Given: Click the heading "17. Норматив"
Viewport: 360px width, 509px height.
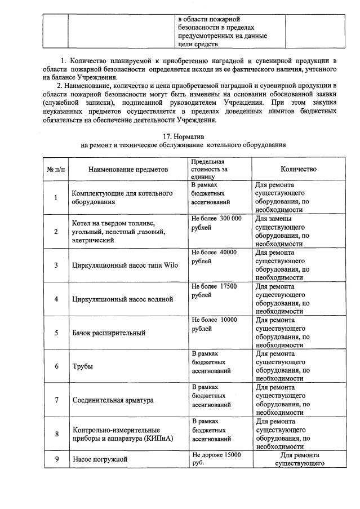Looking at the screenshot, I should [183, 136].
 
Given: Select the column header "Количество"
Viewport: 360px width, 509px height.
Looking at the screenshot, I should [298, 169].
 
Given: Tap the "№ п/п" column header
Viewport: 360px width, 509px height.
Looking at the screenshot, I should [55, 169].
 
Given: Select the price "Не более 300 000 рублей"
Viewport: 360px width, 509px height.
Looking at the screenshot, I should [216, 223].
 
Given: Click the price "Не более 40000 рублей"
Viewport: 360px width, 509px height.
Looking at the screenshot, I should [214, 256].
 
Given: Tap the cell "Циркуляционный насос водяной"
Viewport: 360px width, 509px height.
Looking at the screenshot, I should [122, 299].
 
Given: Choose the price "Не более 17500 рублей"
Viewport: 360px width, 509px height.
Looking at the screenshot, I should [214, 290].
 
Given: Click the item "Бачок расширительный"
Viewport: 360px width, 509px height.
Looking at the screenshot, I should [109, 333].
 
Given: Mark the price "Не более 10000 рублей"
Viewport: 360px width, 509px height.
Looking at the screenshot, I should [214, 324].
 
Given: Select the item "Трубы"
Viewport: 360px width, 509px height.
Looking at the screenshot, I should [82, 366].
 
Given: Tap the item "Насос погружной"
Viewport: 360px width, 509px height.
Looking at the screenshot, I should [100, 459].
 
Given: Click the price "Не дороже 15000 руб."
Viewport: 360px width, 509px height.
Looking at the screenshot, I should [216, 459].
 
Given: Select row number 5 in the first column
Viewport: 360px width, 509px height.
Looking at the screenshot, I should [56, 333].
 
